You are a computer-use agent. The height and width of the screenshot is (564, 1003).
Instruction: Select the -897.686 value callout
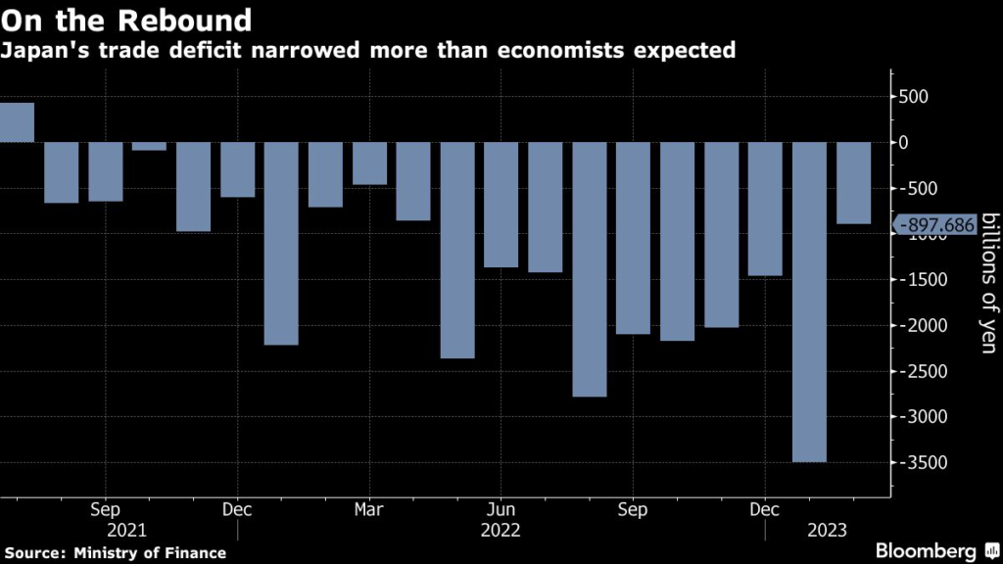tap(937, 225)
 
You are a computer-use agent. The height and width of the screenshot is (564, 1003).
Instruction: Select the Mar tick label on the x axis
tap(369, 510)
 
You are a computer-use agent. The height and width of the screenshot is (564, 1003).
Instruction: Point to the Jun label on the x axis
tap(501, 510)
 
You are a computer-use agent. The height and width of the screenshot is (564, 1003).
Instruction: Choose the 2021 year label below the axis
tap(129, 531)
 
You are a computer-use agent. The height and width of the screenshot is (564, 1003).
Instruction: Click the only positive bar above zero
tap(17, 122)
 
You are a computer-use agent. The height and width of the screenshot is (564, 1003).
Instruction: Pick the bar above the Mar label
tap(369, 164)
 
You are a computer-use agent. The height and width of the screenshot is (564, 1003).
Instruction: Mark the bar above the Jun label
tap(501, 205)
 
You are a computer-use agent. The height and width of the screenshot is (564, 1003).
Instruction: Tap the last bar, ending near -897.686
tap(853, 183)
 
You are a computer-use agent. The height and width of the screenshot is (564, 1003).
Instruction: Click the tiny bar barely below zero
tap(149, 146)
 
